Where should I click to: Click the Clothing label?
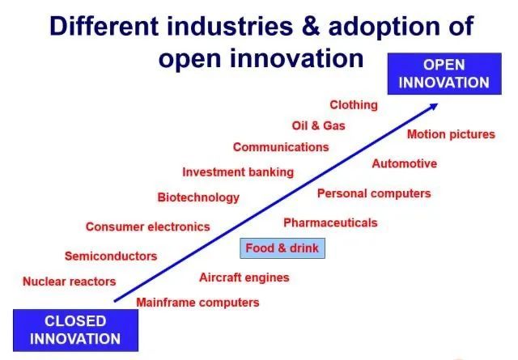pyautogui.click(x=354, y=105)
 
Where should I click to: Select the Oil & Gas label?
pyautogui.click(x=318, y=125)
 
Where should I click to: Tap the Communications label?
pyautogui.click(x=281, y=147)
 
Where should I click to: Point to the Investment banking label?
pyautogui.click(x=238, y=172)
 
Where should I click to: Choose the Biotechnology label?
pyautogui.click(x=198, y=197)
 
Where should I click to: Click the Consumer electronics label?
pyautogui.click(x=147, y=227)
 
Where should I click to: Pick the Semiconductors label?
pyautogui.click(x=111, y=256)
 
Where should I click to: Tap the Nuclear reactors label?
pyautogui.click(x=69, y=282)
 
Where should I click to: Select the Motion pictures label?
pyautogui.click(x=451, y=134)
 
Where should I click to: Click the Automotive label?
pyautogui.click(x=405, y=163)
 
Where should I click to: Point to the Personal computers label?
pyautogui.click(x=374, y=193)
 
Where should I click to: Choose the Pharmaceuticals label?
pyautogui.click(x=330, y=222)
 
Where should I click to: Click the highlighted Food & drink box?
pyautogui.click(x=282, y=248)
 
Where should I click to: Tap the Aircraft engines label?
pyautogui.click(x=244, y=277)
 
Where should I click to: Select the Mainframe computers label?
pyautogui.click(x=197, y=303)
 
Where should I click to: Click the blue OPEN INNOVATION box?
pyautogui.click(x=444, y=74)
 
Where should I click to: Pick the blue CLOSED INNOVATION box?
pyautogui.click(x=75, y=330)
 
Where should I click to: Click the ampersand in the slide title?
pyautogui.click(x=311, y=27)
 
